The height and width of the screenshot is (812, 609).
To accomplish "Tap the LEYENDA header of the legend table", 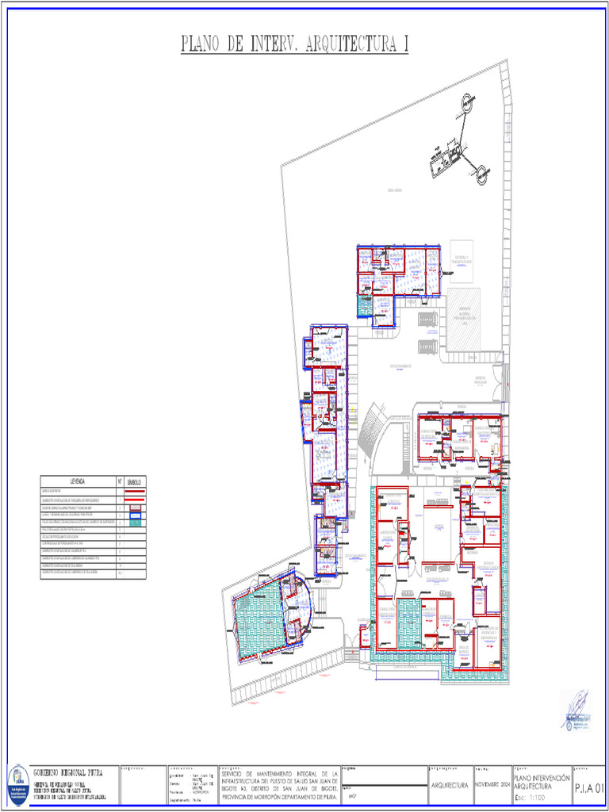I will click(78, 481).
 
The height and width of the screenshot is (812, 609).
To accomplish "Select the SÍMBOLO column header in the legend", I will click(135, 481).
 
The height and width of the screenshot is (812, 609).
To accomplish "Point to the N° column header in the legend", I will click(119, 481).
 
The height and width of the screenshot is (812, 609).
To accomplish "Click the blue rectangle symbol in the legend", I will click(135, 515).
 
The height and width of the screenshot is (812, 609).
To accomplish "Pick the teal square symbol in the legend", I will click(135, 523).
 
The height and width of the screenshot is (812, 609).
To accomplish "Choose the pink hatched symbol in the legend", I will click(135, 507).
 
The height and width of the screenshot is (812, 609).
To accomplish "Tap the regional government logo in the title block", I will click(17, 784).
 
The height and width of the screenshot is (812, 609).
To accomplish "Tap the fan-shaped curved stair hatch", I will click(370, 432).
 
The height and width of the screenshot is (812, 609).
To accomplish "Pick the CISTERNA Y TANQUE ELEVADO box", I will click(462, 261).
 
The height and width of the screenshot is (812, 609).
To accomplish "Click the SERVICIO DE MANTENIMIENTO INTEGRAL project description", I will click(279, 784).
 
